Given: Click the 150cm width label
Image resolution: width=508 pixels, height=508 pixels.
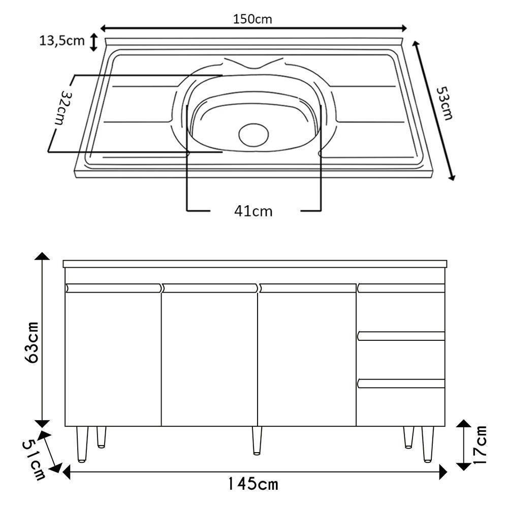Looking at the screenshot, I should click(x=252, y=19).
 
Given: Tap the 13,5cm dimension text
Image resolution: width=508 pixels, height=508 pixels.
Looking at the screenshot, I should click(x=62, y=41).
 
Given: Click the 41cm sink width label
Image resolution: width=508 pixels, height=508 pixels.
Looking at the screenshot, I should click(x=253, y=211).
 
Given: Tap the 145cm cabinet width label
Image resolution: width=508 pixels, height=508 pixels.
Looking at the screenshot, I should click(x=252, y=484).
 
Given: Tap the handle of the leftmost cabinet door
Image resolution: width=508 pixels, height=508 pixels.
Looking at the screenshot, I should click(x=113, y=288).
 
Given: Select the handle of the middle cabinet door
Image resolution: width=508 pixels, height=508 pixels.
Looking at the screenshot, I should click(x=209, y=288).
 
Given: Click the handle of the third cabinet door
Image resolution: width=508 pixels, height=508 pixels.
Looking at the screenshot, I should click(x=306, y=288).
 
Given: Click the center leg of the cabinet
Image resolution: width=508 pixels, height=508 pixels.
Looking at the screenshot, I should click(x=257, y=440).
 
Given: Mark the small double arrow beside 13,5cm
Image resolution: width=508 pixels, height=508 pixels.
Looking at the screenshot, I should click(x=93, y=42).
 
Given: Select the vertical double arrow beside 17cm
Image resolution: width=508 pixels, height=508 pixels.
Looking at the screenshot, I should click(x=463, y=445).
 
